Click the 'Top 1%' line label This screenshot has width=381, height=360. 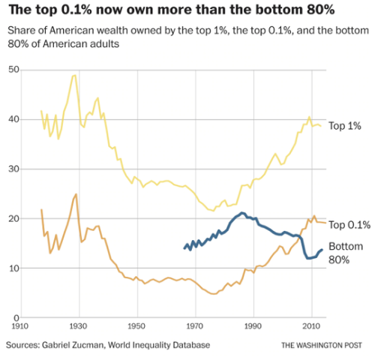tap(346, 126)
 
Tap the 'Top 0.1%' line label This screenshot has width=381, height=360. tap(349, 224)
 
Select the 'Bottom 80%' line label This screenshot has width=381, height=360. tap(346, 252)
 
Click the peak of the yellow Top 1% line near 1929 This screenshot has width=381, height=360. tap(73, 75)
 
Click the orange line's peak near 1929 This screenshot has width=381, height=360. tap(76, 194)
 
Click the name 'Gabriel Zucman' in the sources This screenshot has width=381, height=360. tap(81, 344)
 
